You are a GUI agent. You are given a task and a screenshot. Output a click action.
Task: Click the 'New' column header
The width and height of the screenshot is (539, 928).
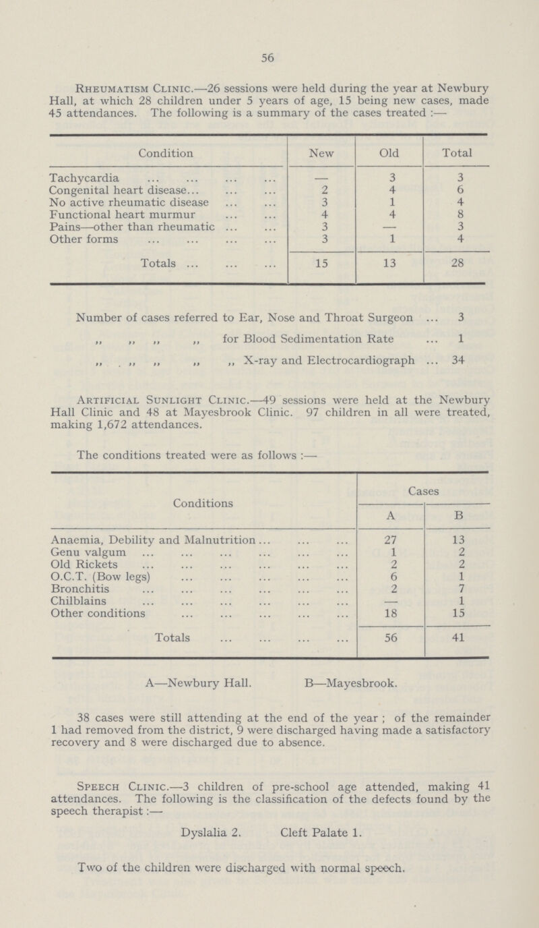pyautogui.click(x=321, y=153)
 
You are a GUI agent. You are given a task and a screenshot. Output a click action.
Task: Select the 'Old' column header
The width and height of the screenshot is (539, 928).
pyautogui.click(x=389, y=153)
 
